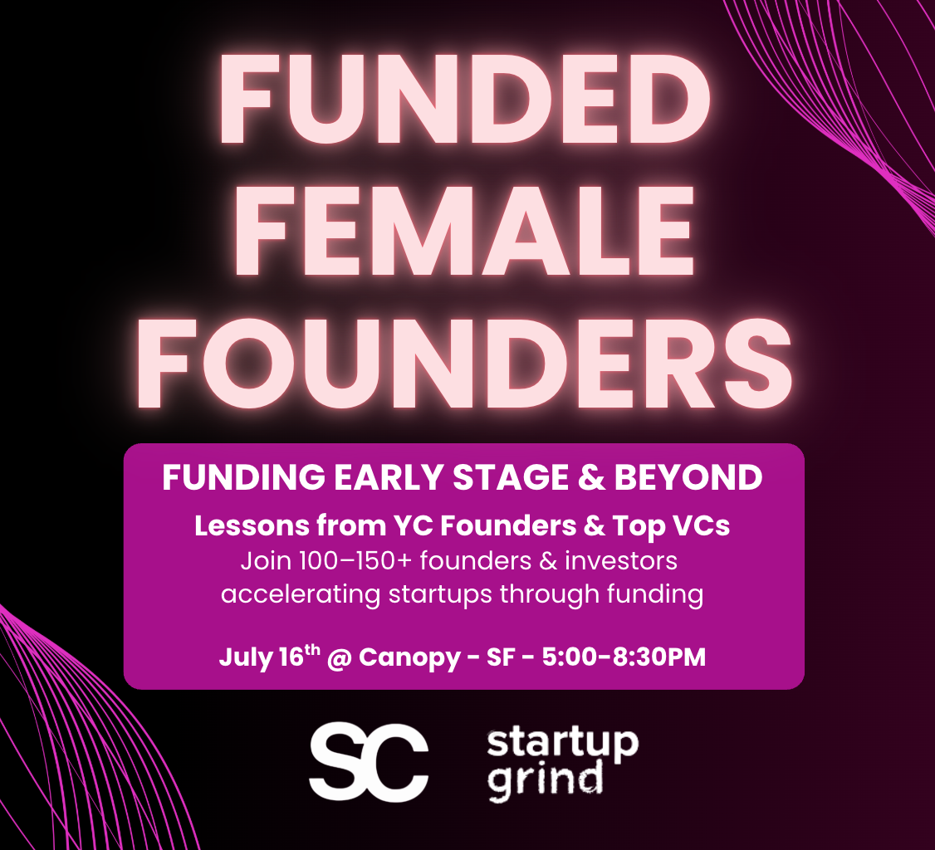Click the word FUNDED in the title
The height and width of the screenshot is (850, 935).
coord(464,100)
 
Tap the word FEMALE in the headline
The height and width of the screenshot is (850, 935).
coord(464,231)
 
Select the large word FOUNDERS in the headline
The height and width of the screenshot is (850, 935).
coord(464,363)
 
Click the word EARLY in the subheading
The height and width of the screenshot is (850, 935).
coord(388,476)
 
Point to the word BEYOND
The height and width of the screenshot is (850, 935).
coord(688,476)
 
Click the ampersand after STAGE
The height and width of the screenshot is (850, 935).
coord(591,476)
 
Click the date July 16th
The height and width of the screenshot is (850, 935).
coord(270,657)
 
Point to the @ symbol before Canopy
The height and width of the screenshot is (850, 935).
coord(340,657)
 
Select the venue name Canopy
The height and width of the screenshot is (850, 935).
coord(409,657)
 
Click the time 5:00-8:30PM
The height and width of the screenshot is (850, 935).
coord(624,657)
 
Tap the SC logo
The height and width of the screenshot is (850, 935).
coord(368,761)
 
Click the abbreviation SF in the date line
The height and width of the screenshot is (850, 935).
coord(500,657)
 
